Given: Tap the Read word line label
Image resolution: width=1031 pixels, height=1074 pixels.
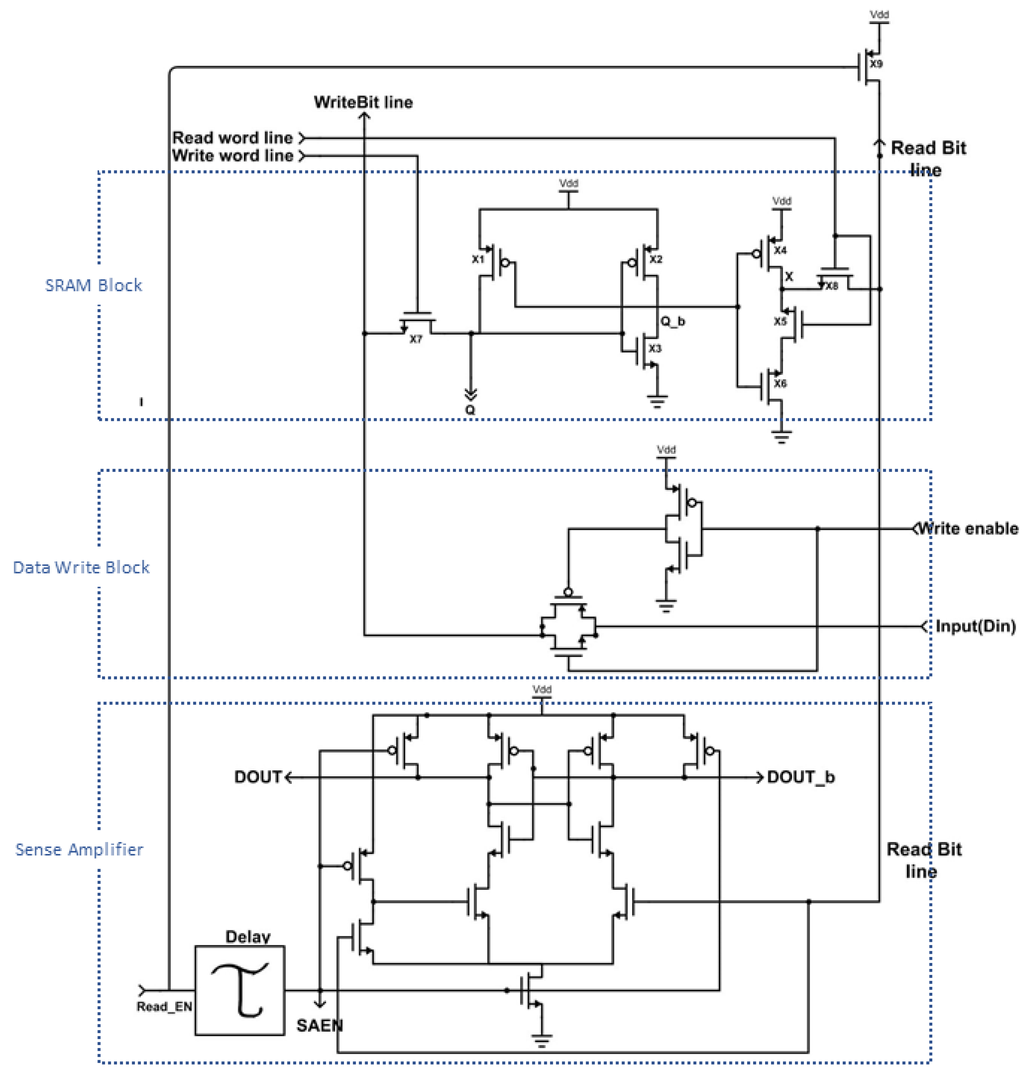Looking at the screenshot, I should pos(232,138).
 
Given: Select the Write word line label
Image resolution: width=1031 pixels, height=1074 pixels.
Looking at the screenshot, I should pos(232,156).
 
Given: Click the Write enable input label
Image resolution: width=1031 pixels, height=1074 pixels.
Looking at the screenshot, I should pos(967,529).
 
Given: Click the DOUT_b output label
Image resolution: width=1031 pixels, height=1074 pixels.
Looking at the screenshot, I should pos(800,777).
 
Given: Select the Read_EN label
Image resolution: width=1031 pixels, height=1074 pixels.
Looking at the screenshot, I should pos(164,1007).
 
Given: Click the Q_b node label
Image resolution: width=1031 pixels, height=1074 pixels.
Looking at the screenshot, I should pos(672,321).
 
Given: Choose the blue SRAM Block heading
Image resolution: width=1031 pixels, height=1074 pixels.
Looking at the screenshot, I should pos(94,285).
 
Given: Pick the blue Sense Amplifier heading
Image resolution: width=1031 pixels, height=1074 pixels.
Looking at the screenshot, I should pos(80,849).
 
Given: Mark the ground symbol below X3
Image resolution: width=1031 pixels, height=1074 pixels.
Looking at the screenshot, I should pos(657,402).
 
